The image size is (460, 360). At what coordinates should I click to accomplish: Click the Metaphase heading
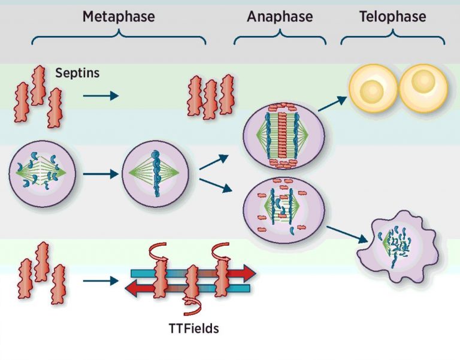[119, 16]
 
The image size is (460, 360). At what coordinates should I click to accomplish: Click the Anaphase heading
[280, 16]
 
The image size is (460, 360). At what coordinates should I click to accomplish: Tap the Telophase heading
[393, 16]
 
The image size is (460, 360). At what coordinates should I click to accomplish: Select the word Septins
[77, 73]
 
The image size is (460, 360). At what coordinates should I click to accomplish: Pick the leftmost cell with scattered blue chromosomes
[41, 174]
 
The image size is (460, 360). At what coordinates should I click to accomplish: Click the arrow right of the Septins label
[101, 95]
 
